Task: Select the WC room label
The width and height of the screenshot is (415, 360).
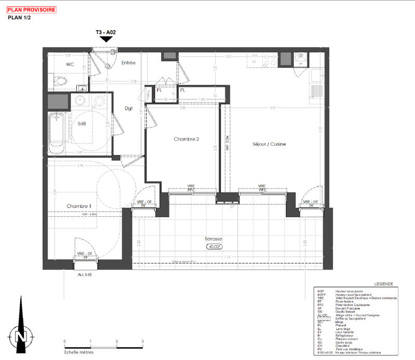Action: pos(71,64)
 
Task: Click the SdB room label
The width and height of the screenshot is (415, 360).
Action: pos(82,124)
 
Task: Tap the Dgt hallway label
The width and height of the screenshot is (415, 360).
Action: pos(129,108)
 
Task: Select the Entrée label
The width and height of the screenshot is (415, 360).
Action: pos(128,63)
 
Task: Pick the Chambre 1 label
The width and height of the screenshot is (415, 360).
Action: pos(79,206)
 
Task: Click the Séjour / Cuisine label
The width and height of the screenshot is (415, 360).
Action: pos(269,144)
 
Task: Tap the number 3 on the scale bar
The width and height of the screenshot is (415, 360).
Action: pos(142,341)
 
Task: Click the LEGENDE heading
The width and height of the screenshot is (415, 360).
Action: pos(383,284)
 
